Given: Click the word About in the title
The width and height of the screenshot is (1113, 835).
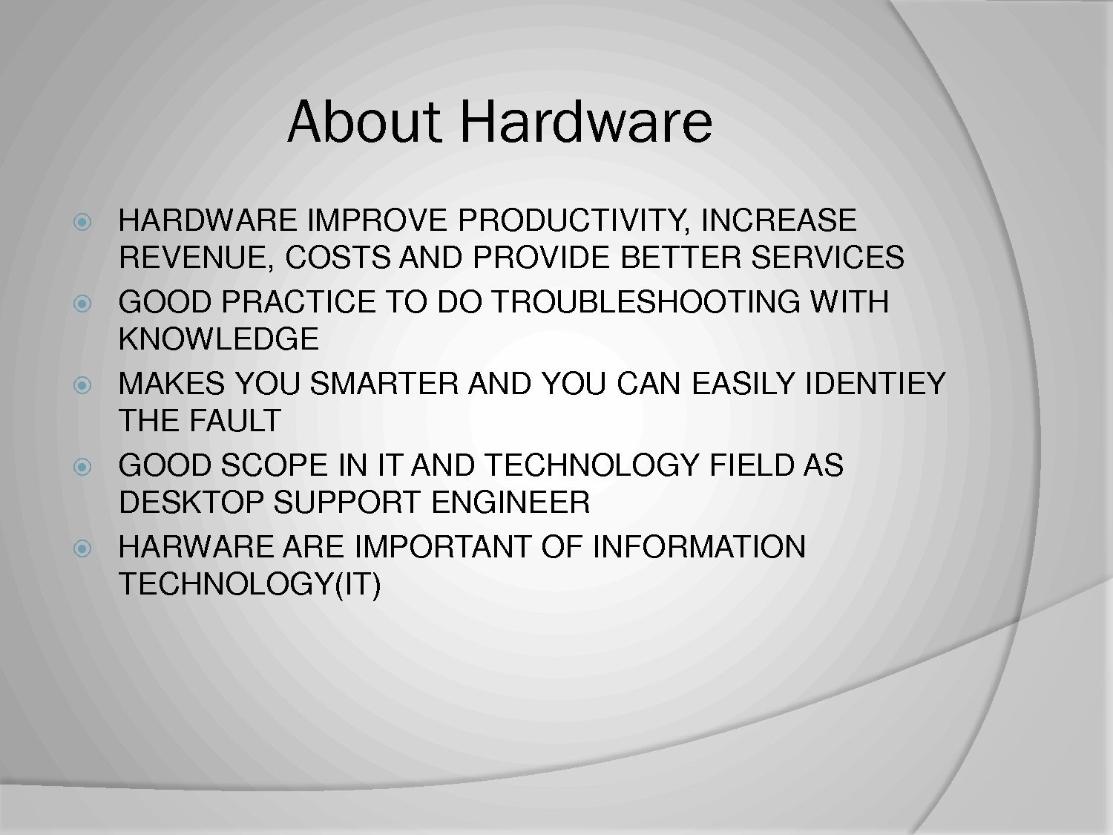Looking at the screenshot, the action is (364, 122).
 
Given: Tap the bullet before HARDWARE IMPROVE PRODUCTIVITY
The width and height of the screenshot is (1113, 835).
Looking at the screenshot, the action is (82, 222).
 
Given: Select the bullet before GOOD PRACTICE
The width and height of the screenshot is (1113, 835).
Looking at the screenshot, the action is (82, 304).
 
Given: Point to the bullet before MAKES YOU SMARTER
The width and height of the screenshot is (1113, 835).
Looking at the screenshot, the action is (82, 386).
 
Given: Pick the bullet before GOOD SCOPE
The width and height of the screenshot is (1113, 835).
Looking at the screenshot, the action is (82, 467).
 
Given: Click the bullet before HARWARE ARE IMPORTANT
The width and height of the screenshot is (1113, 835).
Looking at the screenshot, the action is (82, 549).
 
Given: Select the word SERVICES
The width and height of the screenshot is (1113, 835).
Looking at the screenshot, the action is (827, 257).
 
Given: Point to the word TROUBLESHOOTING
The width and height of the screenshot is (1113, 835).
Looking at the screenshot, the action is (646, 302).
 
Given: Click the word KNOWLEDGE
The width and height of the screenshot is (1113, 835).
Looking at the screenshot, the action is (219, 338).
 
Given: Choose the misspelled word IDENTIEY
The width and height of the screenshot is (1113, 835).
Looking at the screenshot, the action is (875, 383).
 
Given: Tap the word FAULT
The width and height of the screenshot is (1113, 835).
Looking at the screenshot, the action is (234, 420).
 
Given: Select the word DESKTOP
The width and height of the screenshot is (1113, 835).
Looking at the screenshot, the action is (191, 502).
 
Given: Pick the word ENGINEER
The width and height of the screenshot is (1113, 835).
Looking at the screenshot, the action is (510, 502).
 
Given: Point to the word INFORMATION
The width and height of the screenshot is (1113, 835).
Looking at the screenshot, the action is (699, 547).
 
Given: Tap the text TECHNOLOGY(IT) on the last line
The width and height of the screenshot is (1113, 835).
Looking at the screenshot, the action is (249, 584).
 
